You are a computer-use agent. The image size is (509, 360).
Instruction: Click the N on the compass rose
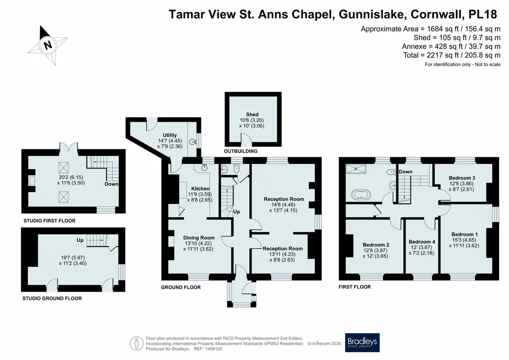click(x=48, y=45)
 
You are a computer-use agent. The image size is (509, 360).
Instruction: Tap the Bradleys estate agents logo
click(x=362, y=342)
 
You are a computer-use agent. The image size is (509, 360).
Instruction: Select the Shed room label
click(x=252, y=114)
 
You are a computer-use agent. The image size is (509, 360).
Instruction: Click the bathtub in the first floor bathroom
click(x=361, y=195)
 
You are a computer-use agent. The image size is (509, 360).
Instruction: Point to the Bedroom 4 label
click(x=422, y=242)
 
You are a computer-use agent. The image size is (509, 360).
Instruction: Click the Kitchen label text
click(x=200, y=189)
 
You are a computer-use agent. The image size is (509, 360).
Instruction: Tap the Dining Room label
click(x=198, y=238)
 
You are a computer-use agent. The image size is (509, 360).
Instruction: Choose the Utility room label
click(x=170, y=135)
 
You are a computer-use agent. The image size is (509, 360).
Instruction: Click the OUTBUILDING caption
click(x=240, y=151)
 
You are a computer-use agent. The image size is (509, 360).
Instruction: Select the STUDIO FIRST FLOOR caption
click(x=50, y=221)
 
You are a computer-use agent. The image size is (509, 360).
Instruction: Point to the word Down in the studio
click(x=111, y=184)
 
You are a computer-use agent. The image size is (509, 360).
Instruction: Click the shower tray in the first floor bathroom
click(x=356, y=169)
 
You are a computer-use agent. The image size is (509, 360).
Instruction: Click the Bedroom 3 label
click(x=462, y=178)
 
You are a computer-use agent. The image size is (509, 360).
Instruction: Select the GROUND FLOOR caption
click(x=181, y=287)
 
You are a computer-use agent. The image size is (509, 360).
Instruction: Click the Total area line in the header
click(x=451, y=55)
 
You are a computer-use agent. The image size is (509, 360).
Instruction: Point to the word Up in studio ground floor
click(x=80, y=240)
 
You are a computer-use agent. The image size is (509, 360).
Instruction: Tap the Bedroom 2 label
click(x=376, y=245)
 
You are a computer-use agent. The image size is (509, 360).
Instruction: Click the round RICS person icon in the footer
click(x=137, y=343)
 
